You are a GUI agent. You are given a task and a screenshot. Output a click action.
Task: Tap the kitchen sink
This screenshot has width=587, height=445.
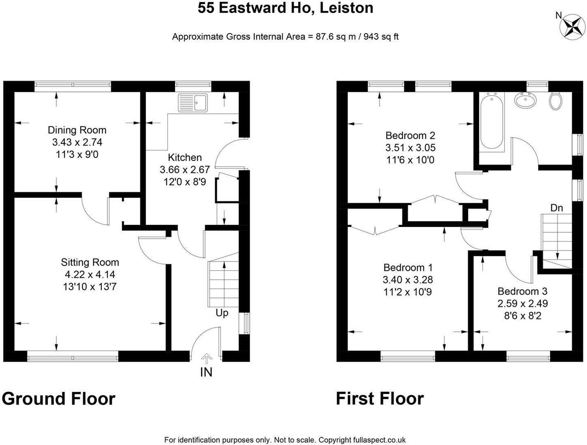tap(193, 102)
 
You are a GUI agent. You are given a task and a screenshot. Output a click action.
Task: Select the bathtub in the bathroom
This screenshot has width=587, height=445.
tap(491, 122)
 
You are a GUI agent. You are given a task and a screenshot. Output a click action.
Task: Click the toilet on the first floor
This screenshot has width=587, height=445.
tap(555, 101)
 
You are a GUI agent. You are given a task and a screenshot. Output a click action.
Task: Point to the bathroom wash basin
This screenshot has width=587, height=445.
tap(526, 101)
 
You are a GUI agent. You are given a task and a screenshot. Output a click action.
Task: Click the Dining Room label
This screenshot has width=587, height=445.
tap(77, 130)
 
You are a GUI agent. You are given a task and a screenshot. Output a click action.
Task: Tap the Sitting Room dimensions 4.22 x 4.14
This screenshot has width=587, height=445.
tap(90, 274)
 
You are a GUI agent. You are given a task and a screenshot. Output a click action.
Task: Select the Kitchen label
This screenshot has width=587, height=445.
tap(185, 157)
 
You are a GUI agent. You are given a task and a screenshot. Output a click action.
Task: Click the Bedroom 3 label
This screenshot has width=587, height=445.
tap(523, 291)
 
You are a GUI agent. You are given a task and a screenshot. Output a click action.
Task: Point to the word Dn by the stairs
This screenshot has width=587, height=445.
tap(556, 208)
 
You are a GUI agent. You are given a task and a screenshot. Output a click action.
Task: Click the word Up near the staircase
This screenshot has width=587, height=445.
tap(222, 313)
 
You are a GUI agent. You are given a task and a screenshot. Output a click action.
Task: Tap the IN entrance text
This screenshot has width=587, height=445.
tap(206, 372)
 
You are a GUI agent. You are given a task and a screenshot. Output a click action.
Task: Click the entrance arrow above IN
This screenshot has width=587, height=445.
tap(207, 358)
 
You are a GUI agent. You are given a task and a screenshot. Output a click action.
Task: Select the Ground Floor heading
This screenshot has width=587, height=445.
tap(59, 398)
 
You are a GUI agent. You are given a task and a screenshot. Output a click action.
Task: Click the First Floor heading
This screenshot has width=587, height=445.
tap(380, 398)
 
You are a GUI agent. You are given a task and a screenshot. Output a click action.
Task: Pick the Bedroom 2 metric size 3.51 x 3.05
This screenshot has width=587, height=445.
tap(411, 148)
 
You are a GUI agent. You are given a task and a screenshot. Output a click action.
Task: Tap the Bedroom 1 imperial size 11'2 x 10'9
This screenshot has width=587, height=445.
tap(408, 292)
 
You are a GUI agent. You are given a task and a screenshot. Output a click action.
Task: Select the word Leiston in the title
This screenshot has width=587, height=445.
tap(346, 8)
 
